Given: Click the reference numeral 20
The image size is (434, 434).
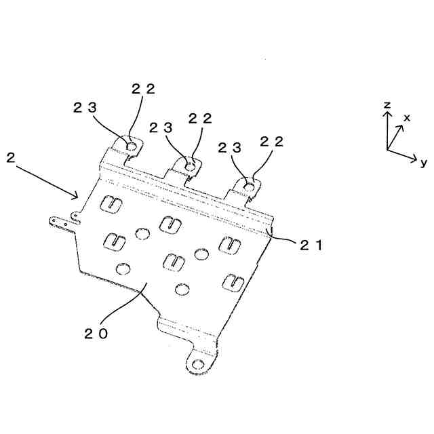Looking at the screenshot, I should coord(97,333).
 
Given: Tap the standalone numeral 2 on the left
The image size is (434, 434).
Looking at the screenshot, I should coord(10,158).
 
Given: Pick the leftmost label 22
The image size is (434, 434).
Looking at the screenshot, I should coord(143,89).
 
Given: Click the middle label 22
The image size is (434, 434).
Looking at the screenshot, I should coord(200,118).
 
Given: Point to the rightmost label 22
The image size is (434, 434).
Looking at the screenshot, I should coord(271,142).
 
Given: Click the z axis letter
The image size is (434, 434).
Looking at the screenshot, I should coord(386,104).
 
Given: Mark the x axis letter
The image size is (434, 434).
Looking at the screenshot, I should coord(407,117).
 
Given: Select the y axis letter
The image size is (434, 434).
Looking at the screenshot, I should coord(422,162).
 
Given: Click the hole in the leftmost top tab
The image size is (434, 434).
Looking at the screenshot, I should coord(130,145).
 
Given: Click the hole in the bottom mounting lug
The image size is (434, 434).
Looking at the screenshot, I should coord(197,365).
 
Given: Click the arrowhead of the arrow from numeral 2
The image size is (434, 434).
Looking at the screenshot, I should coord(77,197).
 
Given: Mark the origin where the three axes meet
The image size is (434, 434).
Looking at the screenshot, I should coord(387,149).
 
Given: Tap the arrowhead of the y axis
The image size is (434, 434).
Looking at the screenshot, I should coord(414,160).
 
